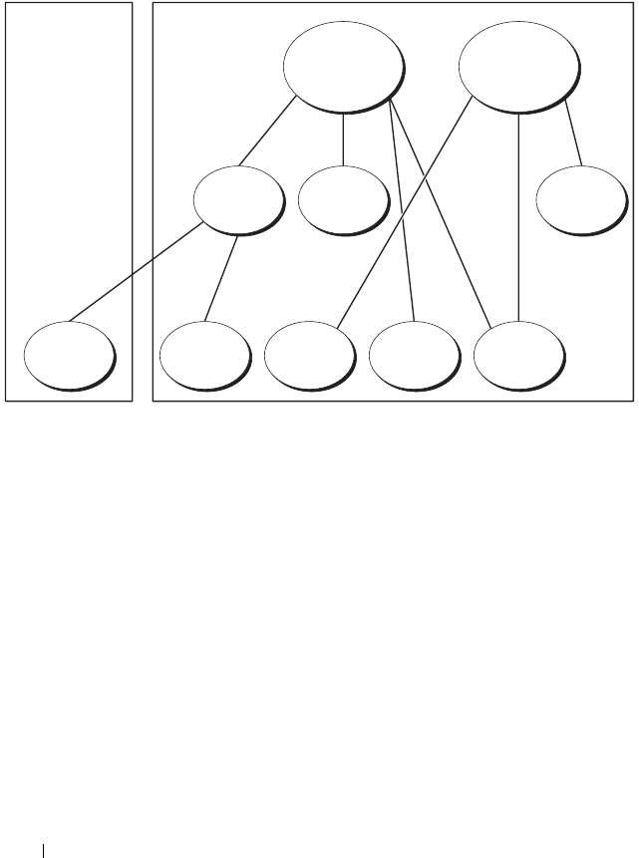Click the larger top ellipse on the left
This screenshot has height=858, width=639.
pos(344,65)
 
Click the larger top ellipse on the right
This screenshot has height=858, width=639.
pos(517,65)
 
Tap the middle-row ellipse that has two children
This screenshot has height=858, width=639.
pos(237,199)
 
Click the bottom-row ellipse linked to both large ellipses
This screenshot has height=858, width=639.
pos(517,356)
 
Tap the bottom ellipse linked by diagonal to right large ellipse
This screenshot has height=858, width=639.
pos(309,356)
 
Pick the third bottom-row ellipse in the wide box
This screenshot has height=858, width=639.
pos(413,356)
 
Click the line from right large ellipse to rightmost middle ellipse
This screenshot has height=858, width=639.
pos(572,139)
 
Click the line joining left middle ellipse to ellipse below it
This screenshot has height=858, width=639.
pos(221,278)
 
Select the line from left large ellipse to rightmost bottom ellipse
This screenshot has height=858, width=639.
pos(444,219)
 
